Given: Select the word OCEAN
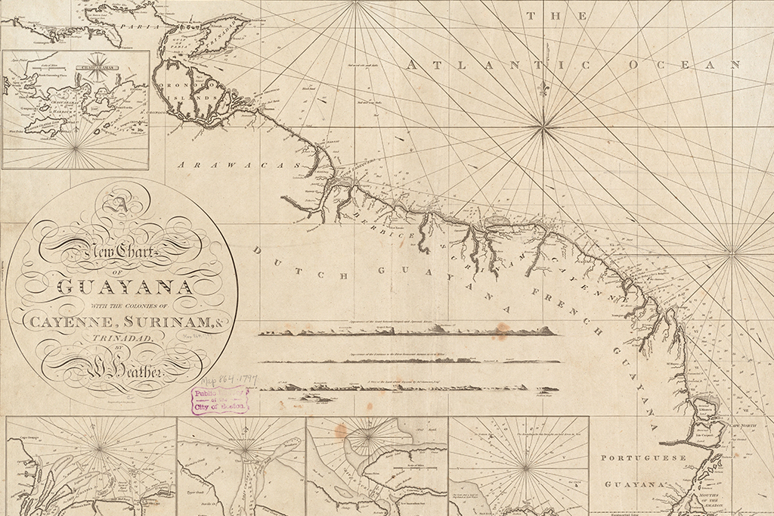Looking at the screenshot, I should (x=686, y=65).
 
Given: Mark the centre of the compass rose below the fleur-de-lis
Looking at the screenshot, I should (x=543, y=130).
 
